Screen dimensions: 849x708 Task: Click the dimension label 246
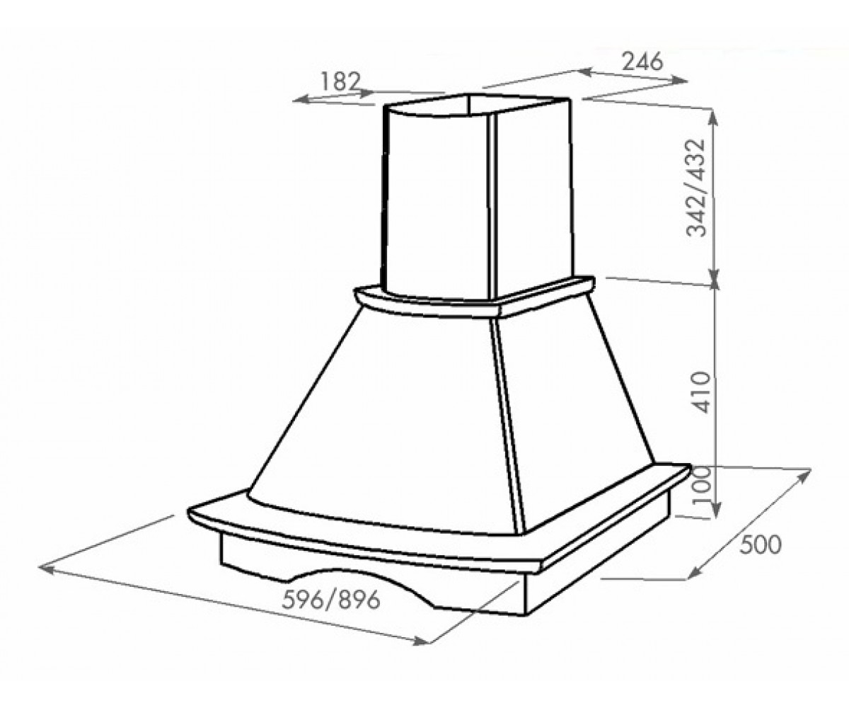[642, 62]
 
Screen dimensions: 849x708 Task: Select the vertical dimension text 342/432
[696, 188]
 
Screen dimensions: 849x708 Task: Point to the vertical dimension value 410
[700, 392]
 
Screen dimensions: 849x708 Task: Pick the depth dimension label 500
[760, 545]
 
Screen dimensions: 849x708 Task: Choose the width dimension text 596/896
[331, 600]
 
